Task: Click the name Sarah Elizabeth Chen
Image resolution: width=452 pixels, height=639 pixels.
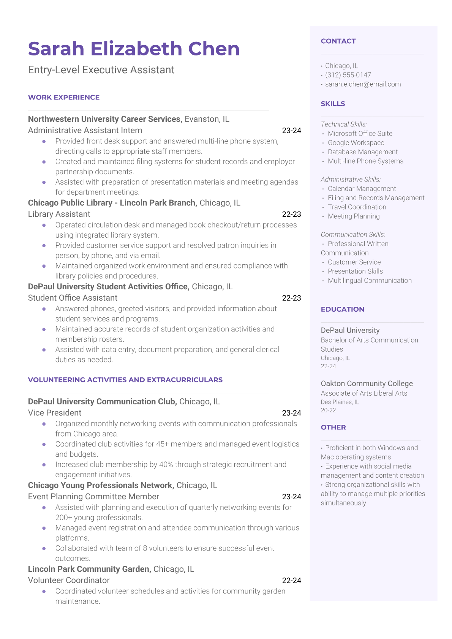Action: [x=134, y=49]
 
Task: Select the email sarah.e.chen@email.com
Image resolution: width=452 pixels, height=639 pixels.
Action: [x=363, y=84]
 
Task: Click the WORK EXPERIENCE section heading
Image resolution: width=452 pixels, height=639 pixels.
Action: [x=64, y=98]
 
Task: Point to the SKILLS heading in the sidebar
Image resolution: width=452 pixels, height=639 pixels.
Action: [x=333, y=104]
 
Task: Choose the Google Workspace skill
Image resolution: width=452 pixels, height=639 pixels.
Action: [x=356, y=143]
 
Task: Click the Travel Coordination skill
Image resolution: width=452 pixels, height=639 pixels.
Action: [x=357, y=207]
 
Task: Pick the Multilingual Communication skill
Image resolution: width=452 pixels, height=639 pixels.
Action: [x=370, y=281]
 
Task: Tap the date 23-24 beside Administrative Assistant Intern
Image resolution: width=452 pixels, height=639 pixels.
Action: [x=291, y=131]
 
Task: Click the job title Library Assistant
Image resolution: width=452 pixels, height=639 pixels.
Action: [x=59, y=214]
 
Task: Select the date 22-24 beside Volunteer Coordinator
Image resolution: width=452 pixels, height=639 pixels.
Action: [x=291, y=581]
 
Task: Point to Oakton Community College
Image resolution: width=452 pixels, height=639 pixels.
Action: [x=367, y=383]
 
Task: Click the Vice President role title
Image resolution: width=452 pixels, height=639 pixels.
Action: [x=55, y=413]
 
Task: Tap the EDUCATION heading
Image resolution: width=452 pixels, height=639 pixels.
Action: [x=342, y=309]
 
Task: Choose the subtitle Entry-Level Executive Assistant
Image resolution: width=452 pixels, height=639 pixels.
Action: [x=101, y=70]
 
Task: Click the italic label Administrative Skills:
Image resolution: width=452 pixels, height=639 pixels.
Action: [x=351, y=179]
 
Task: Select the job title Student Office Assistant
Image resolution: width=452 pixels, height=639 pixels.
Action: [x=73, y=298]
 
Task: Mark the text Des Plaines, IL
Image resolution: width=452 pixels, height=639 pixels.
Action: [x=340, y=402]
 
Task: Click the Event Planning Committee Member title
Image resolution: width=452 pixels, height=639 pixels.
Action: [x=93, y=497]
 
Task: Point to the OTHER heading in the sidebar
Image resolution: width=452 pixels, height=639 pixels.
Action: [x=333, y=428]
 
